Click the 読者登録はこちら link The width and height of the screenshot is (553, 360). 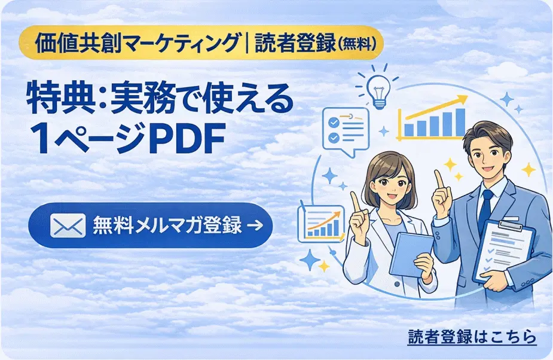472,337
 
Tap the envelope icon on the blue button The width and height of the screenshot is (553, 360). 68,226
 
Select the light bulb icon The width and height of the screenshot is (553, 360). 379,90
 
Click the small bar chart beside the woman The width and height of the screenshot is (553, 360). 322,222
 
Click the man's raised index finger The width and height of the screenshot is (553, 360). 439,179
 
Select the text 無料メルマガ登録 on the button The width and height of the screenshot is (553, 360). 167,226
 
